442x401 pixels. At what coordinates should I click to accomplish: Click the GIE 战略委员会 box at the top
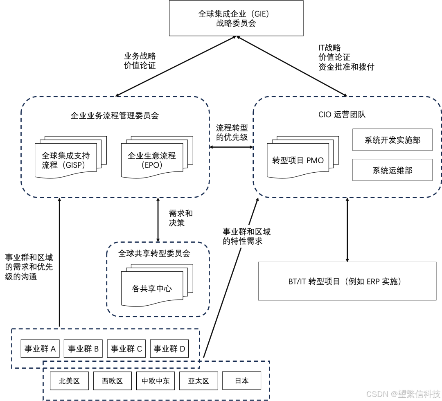[236, 18]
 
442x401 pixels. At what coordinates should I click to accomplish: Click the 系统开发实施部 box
[392, 140]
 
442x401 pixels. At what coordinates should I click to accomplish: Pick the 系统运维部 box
[392, 170]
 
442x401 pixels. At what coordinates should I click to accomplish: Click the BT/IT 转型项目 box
[347, 282]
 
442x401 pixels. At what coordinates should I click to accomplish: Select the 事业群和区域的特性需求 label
[246, 237]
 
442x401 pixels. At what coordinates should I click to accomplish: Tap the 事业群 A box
[40, 349]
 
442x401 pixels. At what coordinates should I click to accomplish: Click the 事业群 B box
[83, 349]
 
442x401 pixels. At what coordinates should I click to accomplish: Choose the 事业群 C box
[126, 349]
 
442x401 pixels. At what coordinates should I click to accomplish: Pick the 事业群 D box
[169, 349]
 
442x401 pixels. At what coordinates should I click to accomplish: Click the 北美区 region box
[69, 381]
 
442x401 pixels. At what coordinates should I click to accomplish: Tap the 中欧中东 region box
[156, 381]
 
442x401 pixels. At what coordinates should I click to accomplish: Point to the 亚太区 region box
[198, 381]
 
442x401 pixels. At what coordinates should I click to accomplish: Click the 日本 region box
[241, 381]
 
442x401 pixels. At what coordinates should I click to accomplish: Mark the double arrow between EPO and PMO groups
[231, 147]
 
